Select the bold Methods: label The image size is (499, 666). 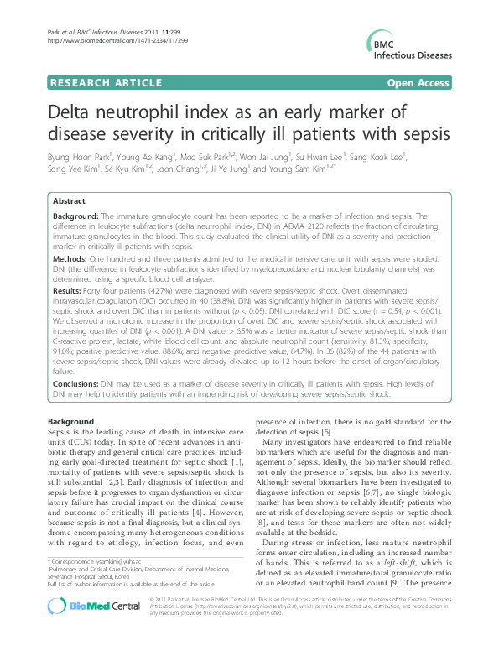coord(72,262)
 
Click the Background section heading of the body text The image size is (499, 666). coord(70,420)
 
